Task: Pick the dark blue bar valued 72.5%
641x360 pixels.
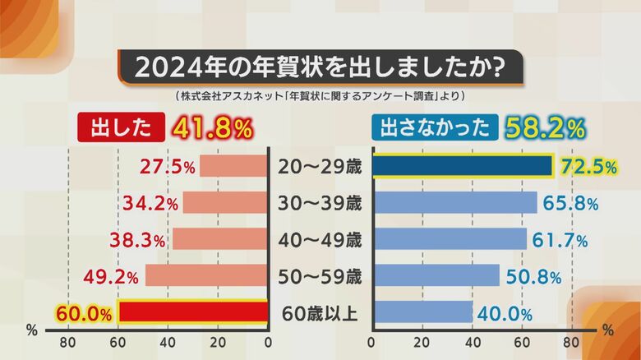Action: click(x=463, y=167)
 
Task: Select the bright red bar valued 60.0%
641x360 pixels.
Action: click(x=193, y=313)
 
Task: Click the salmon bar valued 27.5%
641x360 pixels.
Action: click(x=234, y=167)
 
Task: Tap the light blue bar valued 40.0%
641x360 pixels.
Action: click(x=422, y=313)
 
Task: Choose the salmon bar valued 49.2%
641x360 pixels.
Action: click(x=207, y=276)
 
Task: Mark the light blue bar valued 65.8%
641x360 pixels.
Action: click(x=454, y=203)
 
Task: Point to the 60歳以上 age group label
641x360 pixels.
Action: click(x=320, y=313)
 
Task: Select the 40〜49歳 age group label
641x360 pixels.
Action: click(x=320, y=240)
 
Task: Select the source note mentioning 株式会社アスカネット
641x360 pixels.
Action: click(x=320, y=96)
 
